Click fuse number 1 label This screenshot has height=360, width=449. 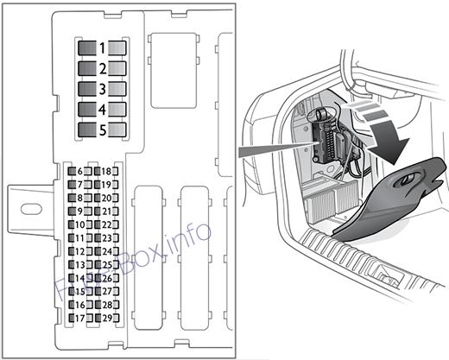(x=102, y=48)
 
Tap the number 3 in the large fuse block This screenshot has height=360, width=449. (x=103, y=89)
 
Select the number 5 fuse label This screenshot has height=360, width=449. (x=103, y=130)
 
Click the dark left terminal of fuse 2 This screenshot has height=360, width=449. (x=87, y=69)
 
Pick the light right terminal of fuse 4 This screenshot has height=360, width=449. (x=117, y=110)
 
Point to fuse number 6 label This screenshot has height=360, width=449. (x=79, y=172)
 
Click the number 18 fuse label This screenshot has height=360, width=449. (x=106, y=172)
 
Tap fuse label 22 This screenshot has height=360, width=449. (x=106, y=224)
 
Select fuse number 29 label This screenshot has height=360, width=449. (x=107, y=318)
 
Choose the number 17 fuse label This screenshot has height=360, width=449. (x=80, y=318)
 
